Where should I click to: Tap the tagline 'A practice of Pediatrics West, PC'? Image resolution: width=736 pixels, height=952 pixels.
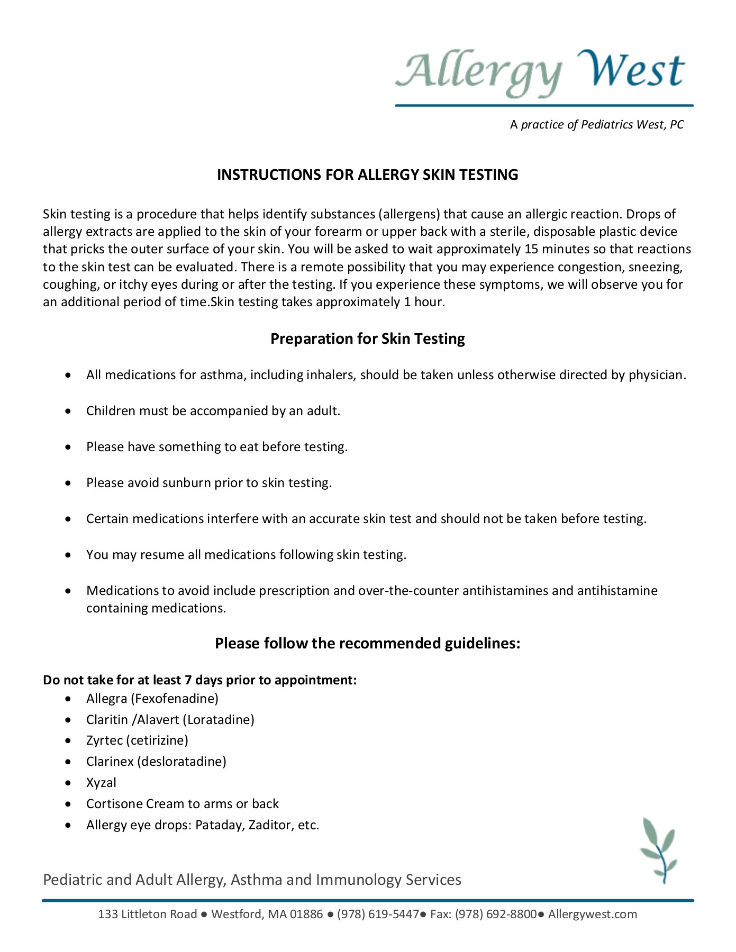[597, 125]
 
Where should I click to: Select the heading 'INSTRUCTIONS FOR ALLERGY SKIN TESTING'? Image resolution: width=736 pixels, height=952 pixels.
[367, 175]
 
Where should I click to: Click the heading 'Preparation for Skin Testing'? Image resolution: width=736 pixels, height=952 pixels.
[367, 338]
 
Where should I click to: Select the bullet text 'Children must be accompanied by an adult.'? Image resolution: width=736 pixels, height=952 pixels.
[213, 411]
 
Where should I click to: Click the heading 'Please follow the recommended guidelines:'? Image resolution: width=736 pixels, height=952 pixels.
[367, 643]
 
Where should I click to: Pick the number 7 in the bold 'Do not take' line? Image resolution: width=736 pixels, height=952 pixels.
[188, 680]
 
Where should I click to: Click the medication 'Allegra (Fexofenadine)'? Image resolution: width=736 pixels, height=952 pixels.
[152, 699]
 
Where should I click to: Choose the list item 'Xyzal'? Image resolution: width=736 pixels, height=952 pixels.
[101, 783]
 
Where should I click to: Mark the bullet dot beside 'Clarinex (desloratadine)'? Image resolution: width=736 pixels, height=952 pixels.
[68, 762]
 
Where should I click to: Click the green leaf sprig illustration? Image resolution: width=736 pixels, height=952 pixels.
[659, 850]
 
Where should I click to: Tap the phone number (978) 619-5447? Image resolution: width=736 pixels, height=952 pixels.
[378, 914]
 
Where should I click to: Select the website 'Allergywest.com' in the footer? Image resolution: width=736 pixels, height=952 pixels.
[592, 914]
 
